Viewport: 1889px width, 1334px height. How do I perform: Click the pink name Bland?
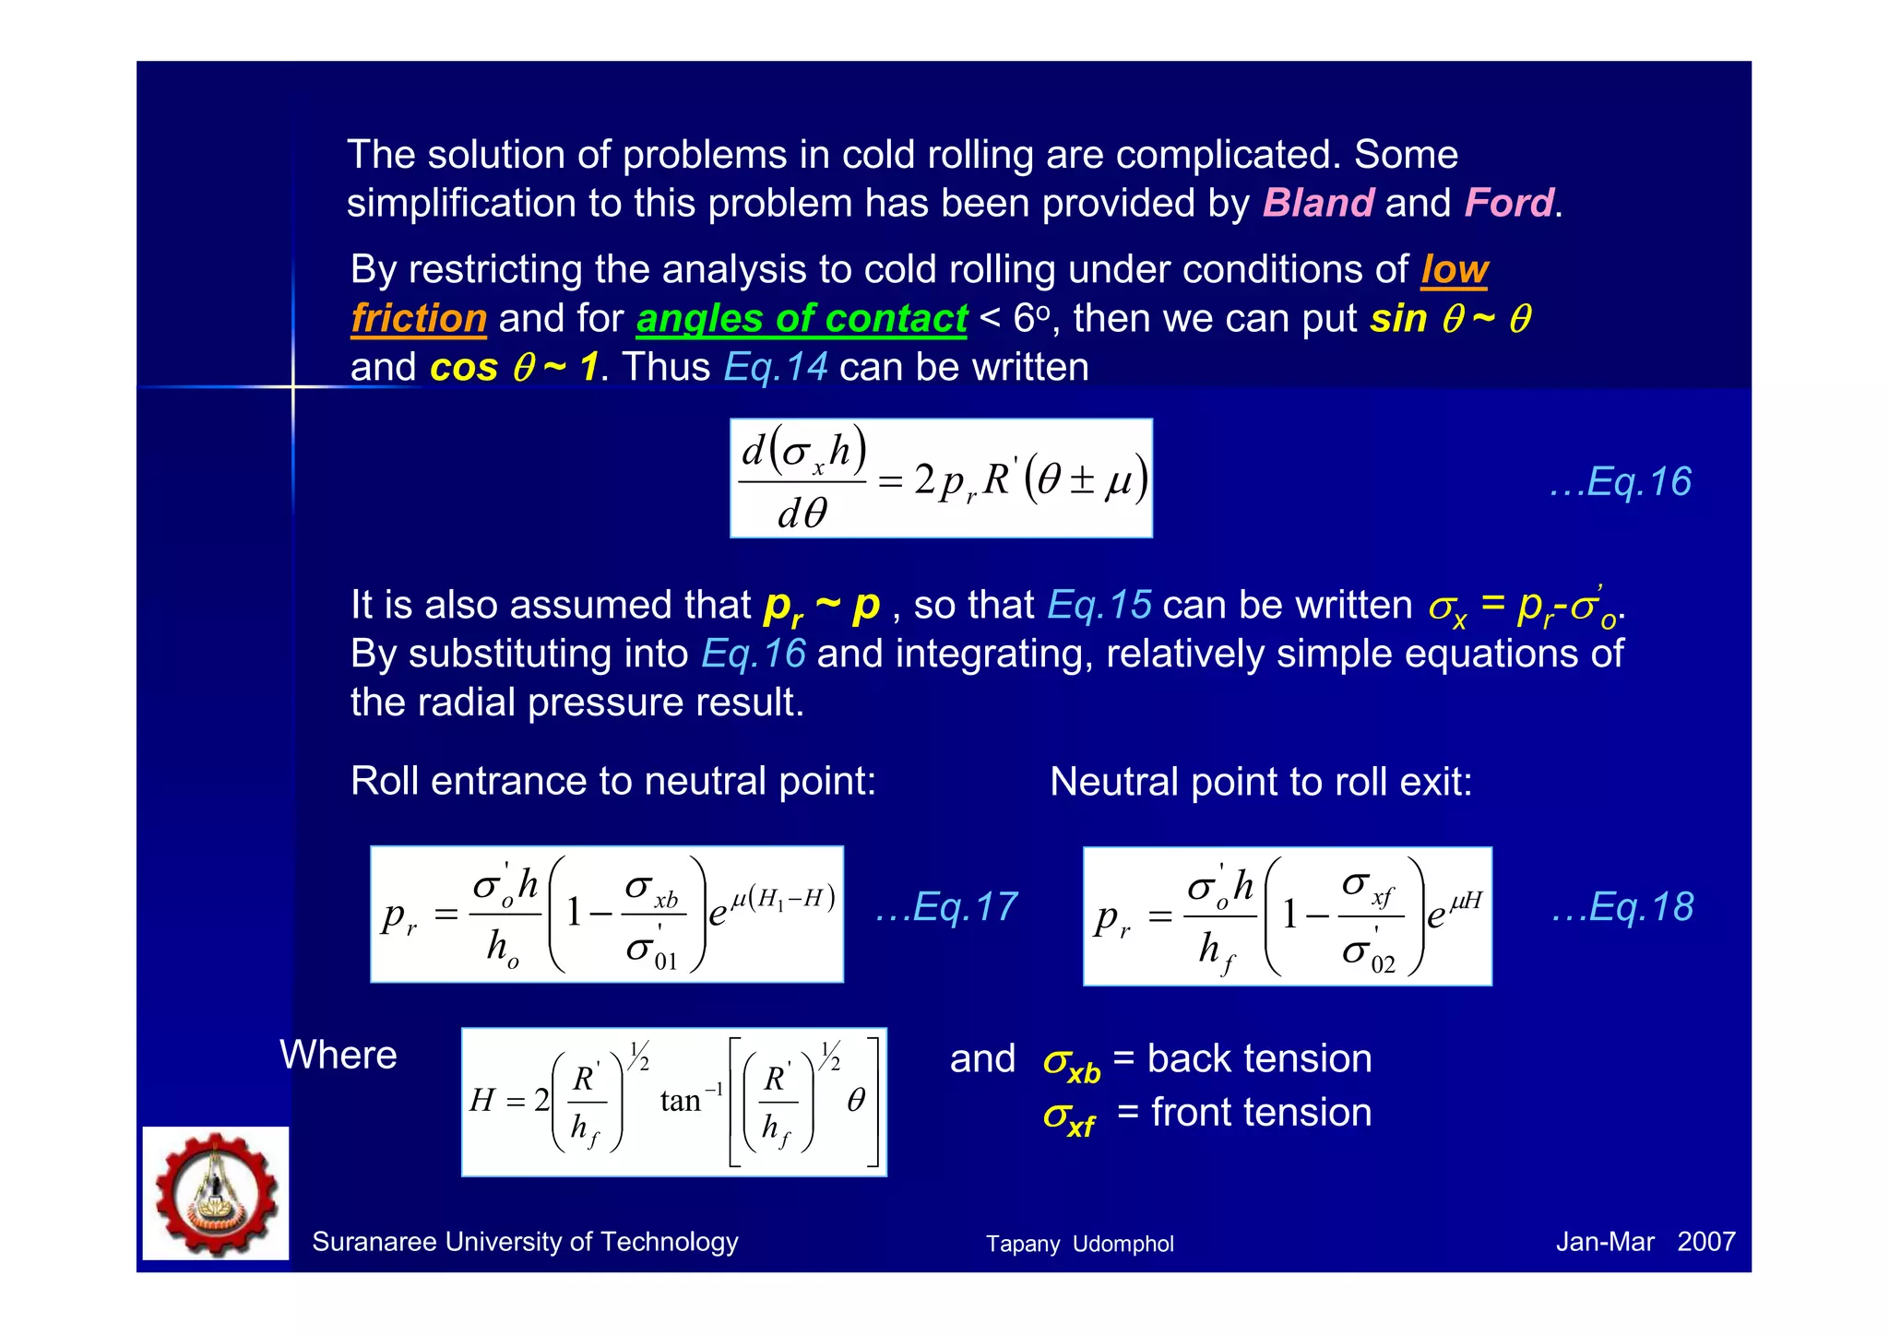[1318, 203]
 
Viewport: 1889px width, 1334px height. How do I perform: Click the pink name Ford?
[1509, 203]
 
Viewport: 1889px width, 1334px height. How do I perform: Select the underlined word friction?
[419, 319]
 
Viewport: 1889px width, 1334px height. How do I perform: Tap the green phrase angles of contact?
[802, 319]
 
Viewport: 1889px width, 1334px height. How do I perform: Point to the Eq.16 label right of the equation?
[1621, 482]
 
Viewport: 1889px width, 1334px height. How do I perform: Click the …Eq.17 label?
[946, 907]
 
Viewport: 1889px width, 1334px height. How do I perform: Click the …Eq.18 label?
[1622, 907]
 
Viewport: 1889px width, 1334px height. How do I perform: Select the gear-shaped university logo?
[216, 1193]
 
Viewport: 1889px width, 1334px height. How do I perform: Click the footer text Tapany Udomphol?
[1079, 1244]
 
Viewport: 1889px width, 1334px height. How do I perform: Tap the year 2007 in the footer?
[1706, 1242]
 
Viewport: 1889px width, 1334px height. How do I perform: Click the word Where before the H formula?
[339, 1055]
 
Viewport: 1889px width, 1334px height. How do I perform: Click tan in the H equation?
[680, 1101]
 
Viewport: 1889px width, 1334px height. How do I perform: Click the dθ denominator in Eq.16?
[802, 513]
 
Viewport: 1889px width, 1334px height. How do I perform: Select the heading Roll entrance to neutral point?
[612, 782]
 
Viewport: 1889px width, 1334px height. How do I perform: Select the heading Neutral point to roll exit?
[1261, 783]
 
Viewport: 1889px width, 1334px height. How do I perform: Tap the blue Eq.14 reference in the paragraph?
[776, 367]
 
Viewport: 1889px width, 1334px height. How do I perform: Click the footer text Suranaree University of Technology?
[525, 1242]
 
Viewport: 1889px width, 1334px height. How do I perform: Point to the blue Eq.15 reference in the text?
[1099, 606]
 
